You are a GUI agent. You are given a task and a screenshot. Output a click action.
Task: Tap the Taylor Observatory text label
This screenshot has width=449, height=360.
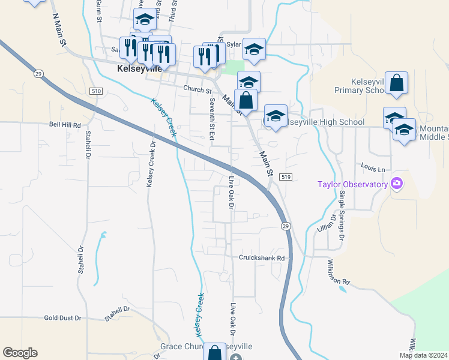(353, 184)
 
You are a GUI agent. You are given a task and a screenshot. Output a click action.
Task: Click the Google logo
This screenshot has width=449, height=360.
(20, 353)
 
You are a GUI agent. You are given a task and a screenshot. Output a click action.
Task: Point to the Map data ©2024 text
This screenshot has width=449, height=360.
(424, 355)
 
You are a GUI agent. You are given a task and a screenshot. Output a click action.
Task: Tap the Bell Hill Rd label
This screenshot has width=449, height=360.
(65, 125)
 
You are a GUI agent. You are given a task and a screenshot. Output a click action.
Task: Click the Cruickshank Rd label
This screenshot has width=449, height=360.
(261, 257)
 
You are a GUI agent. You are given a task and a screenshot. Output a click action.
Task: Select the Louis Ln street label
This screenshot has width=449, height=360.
(372, 170)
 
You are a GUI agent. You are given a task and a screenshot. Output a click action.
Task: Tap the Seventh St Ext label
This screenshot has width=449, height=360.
(211, 119)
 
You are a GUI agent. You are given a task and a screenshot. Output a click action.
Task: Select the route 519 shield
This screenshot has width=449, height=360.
(286, 176)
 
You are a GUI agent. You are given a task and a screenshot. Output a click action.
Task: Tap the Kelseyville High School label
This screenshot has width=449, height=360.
(325, 122)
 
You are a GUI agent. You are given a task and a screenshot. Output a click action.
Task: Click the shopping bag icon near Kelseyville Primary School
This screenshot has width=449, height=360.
(397, 84)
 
